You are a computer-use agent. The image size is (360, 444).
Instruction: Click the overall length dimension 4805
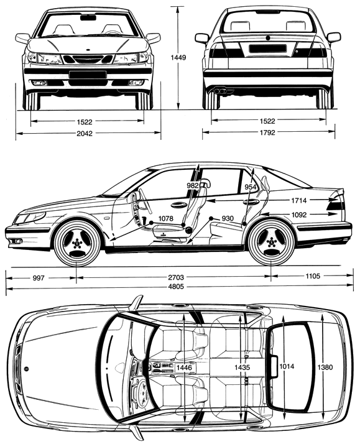point(176,287)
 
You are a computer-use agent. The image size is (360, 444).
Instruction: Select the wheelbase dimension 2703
point(176,277)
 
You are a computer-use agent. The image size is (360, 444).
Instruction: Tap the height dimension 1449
point(178,57)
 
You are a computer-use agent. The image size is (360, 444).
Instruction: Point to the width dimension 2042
point(85,133)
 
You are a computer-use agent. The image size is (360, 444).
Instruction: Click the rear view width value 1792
point(267,132)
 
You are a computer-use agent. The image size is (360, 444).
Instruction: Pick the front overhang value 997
point(39,278)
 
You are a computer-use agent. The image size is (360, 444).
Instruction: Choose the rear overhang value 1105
point(313,276)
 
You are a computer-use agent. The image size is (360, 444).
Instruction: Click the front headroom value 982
point(193,186)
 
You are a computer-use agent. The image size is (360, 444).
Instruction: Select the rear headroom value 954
point(251,187)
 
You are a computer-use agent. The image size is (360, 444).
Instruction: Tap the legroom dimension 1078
point(165,218)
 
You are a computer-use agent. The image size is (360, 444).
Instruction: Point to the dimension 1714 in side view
point(299,200)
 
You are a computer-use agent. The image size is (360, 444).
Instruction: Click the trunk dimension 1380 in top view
point(325,368)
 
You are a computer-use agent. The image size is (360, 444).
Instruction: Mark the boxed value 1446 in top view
point(184,368)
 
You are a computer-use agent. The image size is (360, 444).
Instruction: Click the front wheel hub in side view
point(76,243)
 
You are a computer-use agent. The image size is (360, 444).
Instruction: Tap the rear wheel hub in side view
point(271,243)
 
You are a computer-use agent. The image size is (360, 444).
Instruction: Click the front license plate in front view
point(88,75)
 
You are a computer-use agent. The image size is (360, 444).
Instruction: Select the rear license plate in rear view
point(267,49)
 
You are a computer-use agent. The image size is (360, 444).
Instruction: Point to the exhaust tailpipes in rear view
point(220,91)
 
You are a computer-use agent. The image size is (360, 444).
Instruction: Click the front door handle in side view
point(178,205)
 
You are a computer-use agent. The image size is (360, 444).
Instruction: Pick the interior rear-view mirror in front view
point(88,18)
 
